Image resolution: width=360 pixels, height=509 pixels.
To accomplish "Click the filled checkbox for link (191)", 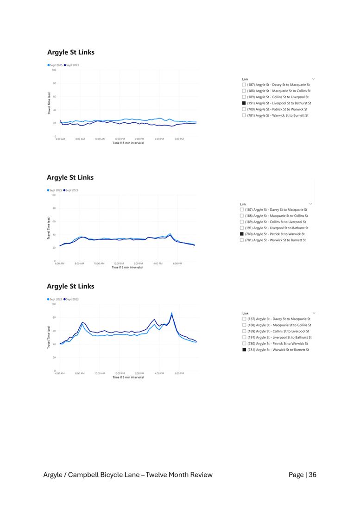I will coord(244,103).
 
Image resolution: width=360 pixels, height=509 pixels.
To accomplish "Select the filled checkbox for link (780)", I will coord(242,234).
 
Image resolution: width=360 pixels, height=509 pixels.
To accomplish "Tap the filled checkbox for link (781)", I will coord(244,350).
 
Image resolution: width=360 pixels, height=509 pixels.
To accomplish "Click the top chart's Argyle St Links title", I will coord(71,52).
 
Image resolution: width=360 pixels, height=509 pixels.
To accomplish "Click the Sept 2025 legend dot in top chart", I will coord(48,65).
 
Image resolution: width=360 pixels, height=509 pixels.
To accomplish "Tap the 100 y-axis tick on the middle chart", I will coord(53,195).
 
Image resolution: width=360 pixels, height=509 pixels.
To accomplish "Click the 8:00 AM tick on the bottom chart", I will coord(80,373).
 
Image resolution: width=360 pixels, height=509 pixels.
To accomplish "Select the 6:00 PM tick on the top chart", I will coord(179,139).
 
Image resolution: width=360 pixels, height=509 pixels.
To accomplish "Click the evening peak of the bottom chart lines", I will coord(171,314).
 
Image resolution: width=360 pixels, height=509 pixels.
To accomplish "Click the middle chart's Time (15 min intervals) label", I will coord(127,267).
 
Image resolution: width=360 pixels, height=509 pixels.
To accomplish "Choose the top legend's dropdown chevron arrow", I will coord(314,79).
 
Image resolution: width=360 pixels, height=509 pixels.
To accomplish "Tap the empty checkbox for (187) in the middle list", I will coord(242,210).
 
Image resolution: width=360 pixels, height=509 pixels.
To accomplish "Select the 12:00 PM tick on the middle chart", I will coord(119,264).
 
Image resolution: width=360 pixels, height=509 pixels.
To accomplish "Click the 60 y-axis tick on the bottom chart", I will coord(54,331).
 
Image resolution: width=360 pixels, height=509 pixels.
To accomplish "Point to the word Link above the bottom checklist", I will coord(245,314).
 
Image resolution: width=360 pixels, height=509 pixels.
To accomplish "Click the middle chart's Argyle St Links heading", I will coord(70,177).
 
